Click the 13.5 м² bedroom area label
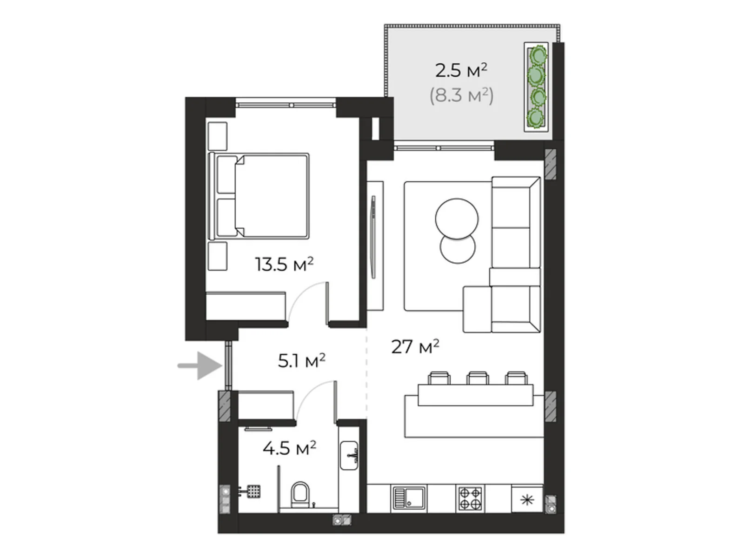pos(284,265)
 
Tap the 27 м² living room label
pos(415,346)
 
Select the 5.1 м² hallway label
pos(301,360)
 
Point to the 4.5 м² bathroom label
pos(289,448)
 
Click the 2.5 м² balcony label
pos(461,71)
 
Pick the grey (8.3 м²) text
pos(461,95)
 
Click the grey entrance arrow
pos(199,365)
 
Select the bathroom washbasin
pos(349,456)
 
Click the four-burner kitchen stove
pos(471,498)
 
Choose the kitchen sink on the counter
pos(409,498)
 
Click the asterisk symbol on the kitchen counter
pos(527,500)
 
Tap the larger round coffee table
pos(457,219)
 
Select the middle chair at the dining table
pos(477,378)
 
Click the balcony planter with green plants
pos(536,87)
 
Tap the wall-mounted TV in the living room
pos(373,237)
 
